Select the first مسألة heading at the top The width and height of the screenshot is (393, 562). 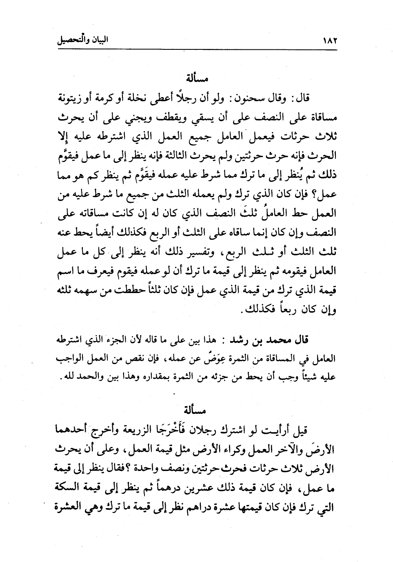click(195, 77)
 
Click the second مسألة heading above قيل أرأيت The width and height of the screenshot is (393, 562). click(195, 409)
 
